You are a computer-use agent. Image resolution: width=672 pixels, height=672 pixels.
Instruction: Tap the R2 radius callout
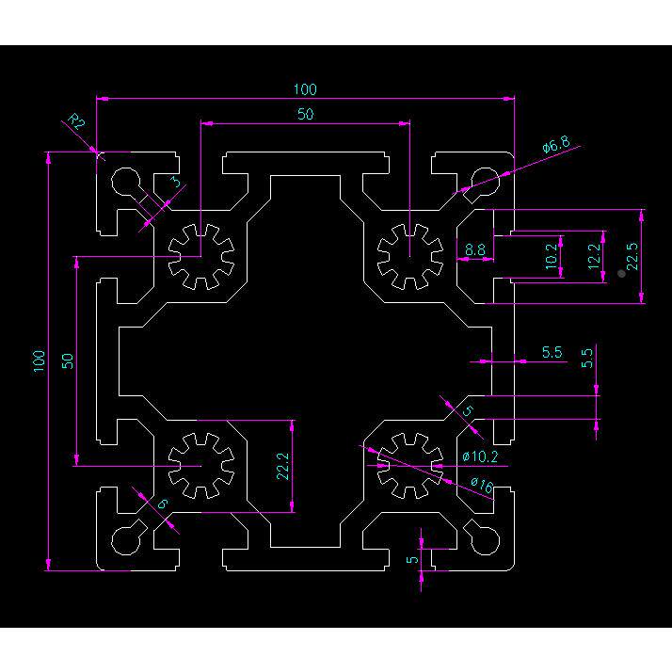click(76, 121)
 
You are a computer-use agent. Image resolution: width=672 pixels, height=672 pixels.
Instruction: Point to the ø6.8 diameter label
click(556, 145)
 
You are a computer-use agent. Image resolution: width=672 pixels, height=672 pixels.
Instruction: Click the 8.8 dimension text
click(475, 249)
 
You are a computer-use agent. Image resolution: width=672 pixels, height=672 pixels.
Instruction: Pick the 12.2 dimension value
click(594, 256)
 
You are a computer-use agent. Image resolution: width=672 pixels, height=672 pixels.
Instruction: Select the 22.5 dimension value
click(632, 256)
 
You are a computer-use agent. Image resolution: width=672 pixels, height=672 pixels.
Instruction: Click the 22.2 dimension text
click(283, 466)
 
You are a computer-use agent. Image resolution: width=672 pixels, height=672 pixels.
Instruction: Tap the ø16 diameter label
click(482, 485)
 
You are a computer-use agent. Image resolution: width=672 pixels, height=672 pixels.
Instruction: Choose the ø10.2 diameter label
click(480, 456)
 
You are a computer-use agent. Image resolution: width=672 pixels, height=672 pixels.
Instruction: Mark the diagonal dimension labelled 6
click(162, 504)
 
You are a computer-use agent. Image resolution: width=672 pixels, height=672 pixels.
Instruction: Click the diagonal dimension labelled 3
click(176, 182)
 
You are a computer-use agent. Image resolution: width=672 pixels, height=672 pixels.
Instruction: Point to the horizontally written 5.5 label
click(552, 352)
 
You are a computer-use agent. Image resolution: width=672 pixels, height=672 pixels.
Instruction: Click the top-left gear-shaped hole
click(201, 256)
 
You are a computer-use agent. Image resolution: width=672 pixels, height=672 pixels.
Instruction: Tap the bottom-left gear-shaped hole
click(201, 466)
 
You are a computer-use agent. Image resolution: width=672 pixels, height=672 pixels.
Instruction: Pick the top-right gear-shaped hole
click(410, 256)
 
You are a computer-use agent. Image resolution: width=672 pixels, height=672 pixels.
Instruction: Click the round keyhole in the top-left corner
click(126, 182)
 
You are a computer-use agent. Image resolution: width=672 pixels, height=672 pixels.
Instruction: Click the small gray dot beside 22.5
click(621, 274)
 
